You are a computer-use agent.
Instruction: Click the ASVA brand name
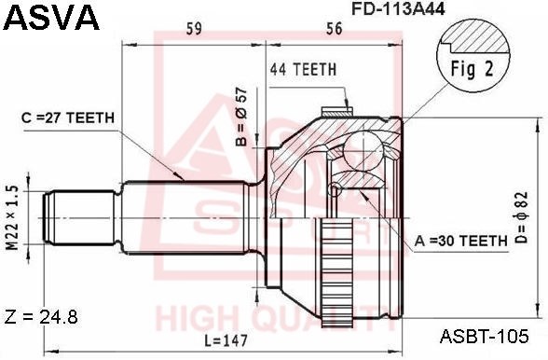[x=51, y=17]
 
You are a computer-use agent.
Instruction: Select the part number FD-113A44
[x=398, y=8]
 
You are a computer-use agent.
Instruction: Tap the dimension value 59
[x=194, y=29]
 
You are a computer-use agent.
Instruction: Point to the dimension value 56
[x=334, y=29]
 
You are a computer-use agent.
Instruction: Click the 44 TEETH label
[x=303, y=69]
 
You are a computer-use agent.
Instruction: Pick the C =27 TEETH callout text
[x=68, y=118]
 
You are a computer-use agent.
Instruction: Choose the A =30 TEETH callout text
[x=461, y=241]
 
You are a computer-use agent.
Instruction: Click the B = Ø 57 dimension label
[x=241, y=117]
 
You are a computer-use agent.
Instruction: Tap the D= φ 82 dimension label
[x=521, y=217]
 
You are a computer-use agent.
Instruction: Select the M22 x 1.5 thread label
[x=12, y=217]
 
